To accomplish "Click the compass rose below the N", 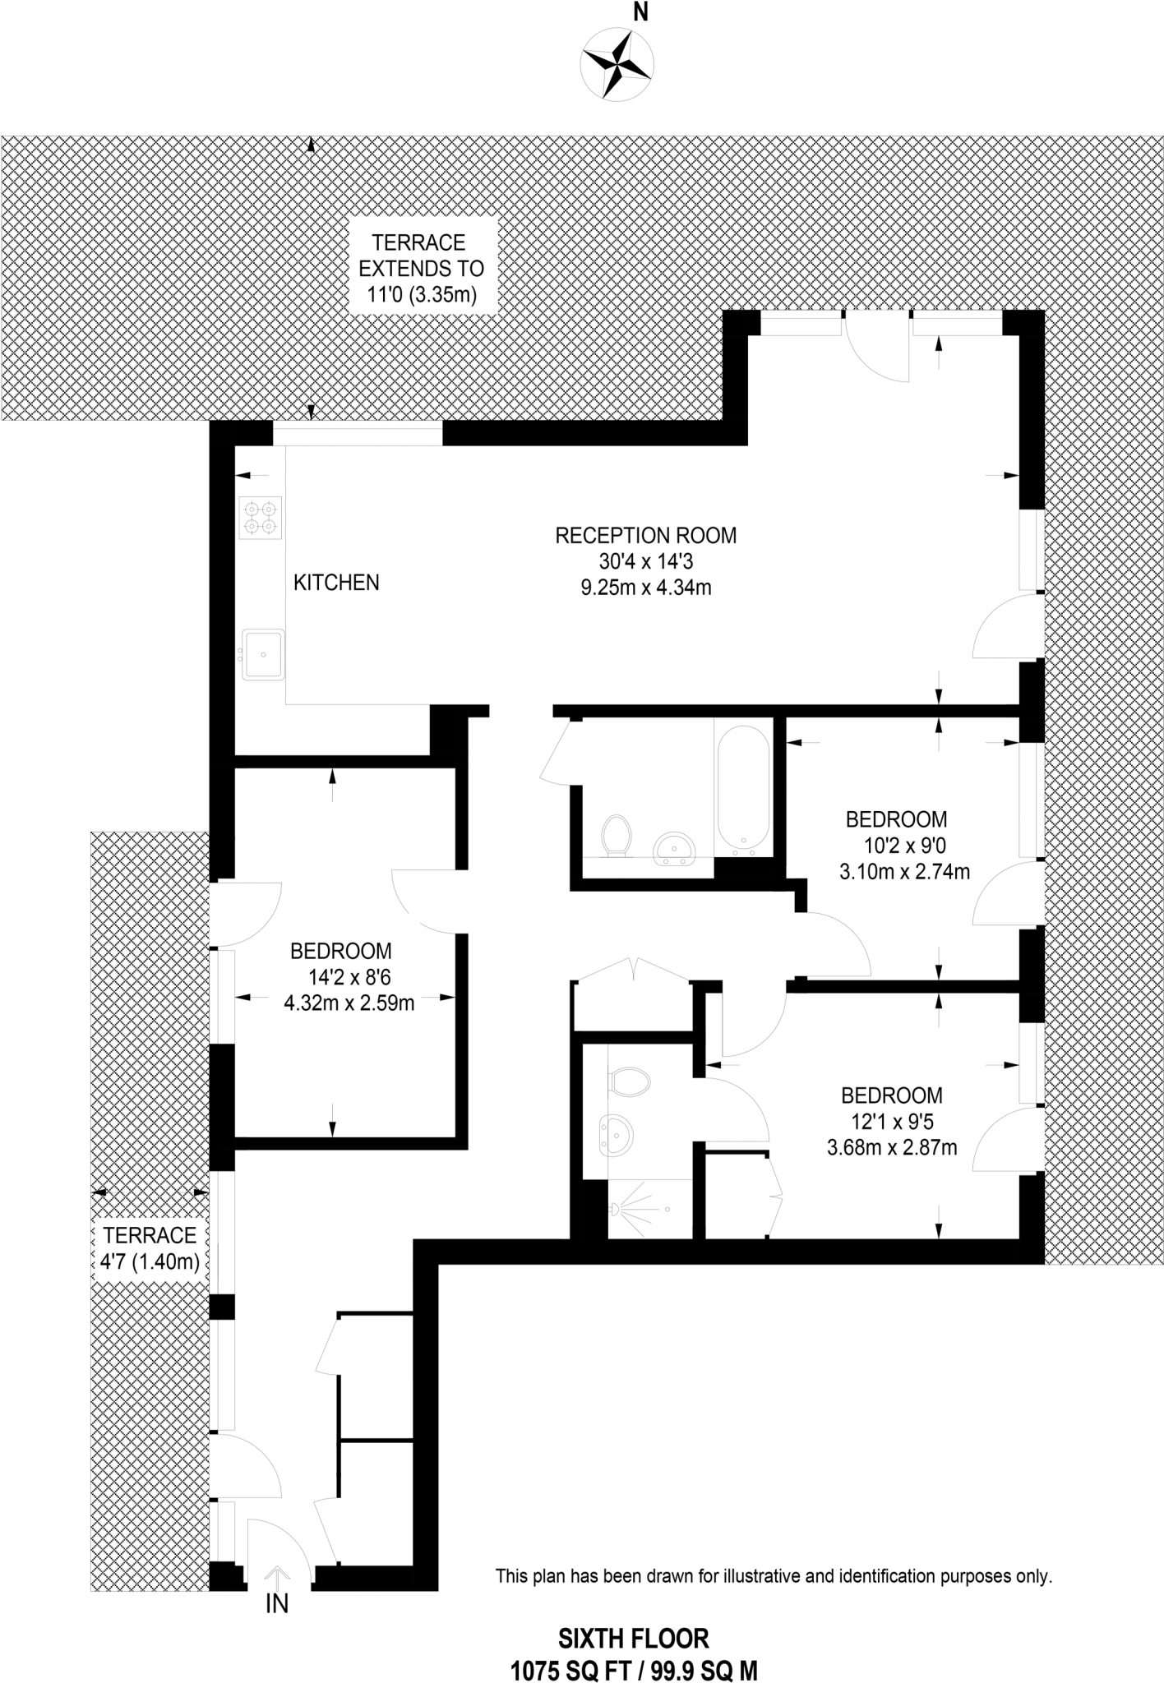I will pyautogui.click(x=617, y=63).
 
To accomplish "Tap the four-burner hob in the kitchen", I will pyautogui.click(x=260, y=518).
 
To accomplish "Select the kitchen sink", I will pyautogui.click(x=263, y=655).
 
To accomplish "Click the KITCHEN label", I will pyautogui.click(x=336, y=583).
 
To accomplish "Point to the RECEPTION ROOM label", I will pyautogui.click(x=645, y=536).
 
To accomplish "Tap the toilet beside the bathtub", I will pyautogui.click(x=616, y=835).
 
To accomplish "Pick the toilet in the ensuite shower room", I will pyautogui.click(x=630, y=1081).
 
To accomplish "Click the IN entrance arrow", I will pyautogui.click(x=277, y=1579).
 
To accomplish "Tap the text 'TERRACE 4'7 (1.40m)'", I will pyautogui.click(x=150, y=1248).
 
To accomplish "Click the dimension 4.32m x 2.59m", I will pyautogui.click(x=349, y=1003).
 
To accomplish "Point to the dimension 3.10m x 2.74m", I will pyautogui.click(x=904, y=871).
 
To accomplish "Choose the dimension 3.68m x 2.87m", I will pyautogui.click(x=892, y=1147).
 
